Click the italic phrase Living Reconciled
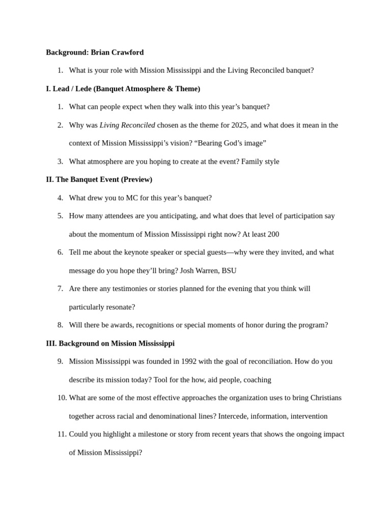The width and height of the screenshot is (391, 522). (x=127, y=125)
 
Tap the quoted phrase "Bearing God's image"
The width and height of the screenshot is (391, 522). (x=230, y=143)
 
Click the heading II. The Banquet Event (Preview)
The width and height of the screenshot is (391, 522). (x=99, y=180)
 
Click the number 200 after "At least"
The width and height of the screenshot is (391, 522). (x=273, y=234)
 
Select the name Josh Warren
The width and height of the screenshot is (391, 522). (x=200, y=271)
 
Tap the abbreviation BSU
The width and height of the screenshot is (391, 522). (x=229, y=271)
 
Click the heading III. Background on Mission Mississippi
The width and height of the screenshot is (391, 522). (x=110, y=344)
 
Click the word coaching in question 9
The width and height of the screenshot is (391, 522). (x=257, y=380)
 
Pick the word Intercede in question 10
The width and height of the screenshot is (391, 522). (x=234, y=416)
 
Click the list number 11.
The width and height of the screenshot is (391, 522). (x=62, y=434)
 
